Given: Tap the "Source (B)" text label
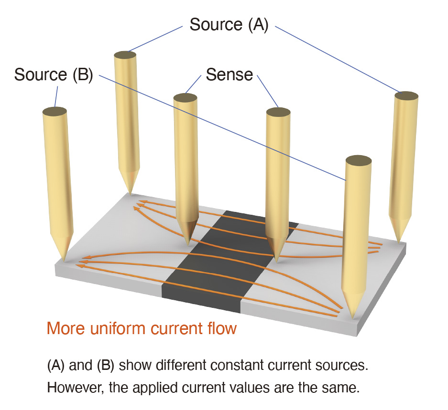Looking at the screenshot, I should [53, 74].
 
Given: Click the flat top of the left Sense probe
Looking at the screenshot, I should [185, 98].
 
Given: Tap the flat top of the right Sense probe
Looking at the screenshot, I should [278, 112].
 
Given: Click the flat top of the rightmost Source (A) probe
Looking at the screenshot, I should [407, 95].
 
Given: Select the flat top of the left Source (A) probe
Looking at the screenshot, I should [126, 55].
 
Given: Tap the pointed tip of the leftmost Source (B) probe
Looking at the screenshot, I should [64, 260].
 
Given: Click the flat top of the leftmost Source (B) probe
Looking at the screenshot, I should [54, 111].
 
